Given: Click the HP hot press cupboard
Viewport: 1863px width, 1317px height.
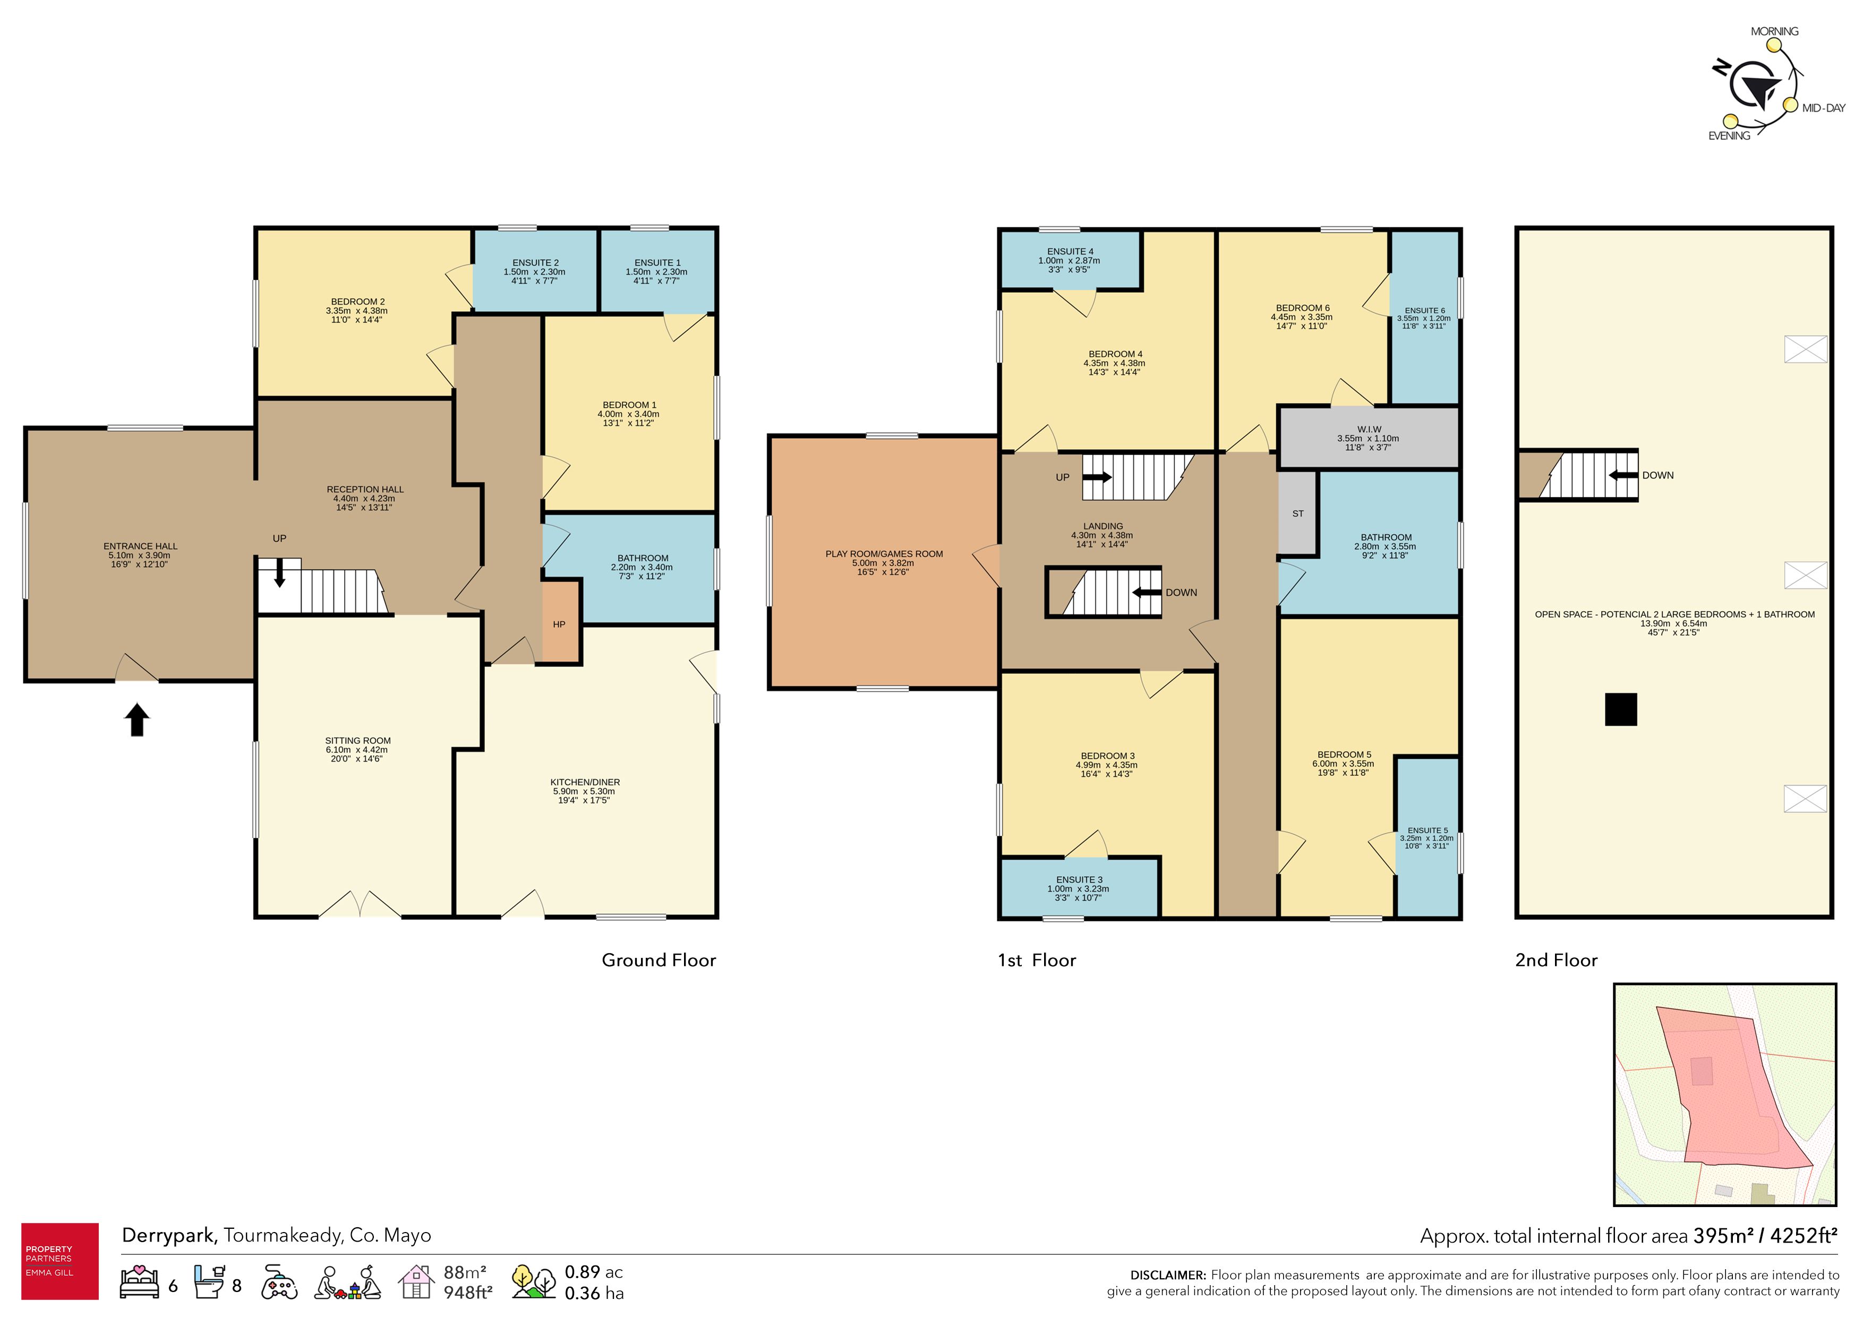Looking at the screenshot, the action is (x=559, y=622).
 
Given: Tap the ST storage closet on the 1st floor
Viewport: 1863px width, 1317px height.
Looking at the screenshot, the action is (x=1297, y=513).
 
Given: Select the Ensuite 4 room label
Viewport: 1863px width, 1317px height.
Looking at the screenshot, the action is (x=1070, y=252).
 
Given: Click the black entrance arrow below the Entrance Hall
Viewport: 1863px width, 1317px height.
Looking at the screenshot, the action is (x=137, y=720).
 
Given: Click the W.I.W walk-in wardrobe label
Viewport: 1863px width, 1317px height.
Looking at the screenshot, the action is (x=1369, y=429).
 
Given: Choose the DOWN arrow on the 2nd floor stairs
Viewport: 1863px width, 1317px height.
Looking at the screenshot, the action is (x=1623, y=475).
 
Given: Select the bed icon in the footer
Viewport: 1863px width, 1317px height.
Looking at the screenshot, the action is (x=140, y=1281).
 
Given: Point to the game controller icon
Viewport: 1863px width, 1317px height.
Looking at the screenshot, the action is (x=279, y=1282).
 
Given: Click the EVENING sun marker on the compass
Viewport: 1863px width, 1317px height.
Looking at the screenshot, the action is (x=1730, y=121).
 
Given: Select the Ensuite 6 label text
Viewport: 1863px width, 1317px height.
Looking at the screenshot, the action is (x=1425, y=311).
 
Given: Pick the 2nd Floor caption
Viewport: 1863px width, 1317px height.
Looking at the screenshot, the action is (x=1556, y=960).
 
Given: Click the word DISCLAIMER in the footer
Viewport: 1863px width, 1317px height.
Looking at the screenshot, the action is (x=1168, y=1275).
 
